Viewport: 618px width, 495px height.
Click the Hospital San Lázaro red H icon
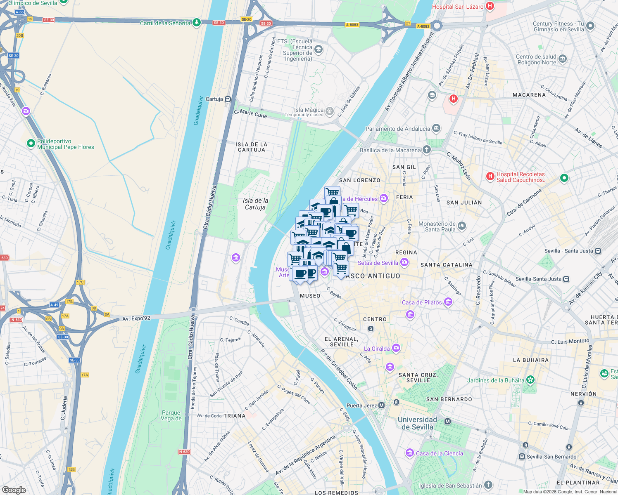[490, 6]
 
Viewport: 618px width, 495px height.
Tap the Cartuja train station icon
[228, 99]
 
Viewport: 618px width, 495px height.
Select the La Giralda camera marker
[396, 348]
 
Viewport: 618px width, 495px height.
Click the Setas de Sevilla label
[378, 263]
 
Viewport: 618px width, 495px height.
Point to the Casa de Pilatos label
[422, 302]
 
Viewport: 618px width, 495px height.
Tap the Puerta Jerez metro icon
[382, 405]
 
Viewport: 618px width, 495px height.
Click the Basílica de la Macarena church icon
[426, 149]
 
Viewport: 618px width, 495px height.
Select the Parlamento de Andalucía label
[397, 129]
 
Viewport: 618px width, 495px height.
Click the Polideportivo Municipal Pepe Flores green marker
[31, 144]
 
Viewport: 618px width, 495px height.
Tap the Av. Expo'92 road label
[136, 318]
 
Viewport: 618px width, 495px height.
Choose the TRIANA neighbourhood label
[234, 416]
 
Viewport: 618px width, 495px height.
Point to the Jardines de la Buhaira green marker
[530, 380]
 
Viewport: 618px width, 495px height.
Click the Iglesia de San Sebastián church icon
[488, 485]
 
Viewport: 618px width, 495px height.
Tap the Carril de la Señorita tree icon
[197, 22]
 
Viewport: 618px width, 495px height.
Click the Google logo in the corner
[14, 490]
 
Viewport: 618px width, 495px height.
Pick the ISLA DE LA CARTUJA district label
[251, 147]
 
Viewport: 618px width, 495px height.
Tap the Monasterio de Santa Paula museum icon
[462, 226]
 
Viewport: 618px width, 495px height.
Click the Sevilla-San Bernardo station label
[551, 457]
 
